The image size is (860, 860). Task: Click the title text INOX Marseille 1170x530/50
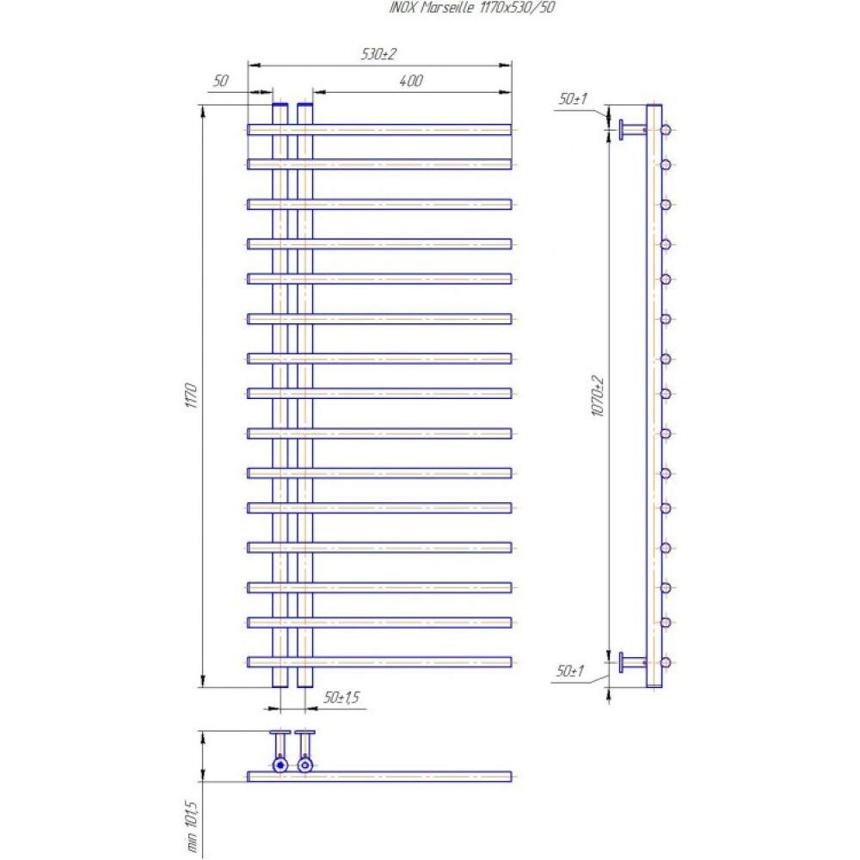point(471,8)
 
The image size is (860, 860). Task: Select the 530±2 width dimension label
point(378,54)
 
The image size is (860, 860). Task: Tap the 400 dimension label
point(411,81)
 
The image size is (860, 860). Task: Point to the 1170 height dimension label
point(191,395)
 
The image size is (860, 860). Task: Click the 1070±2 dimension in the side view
point(598,396)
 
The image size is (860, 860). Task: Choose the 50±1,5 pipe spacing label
point(341,697)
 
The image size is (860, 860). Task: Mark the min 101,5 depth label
point(191,826)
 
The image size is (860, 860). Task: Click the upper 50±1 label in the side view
point(573,99)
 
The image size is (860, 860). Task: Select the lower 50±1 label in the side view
point(570,672)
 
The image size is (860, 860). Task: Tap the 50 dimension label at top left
point(220,81)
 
